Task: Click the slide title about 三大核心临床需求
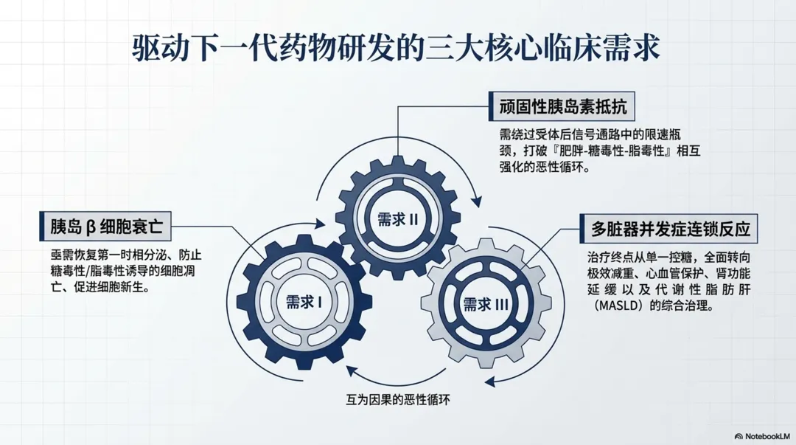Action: click(x=397, y=50)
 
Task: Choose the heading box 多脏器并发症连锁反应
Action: click(x=669, y=229)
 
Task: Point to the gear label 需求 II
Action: click(x=398, y=219)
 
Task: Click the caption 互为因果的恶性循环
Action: click(x=398, y=400)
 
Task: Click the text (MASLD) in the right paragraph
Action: click(x=617, y=306)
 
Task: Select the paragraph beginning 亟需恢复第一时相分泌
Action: click(x=122, y=272)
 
